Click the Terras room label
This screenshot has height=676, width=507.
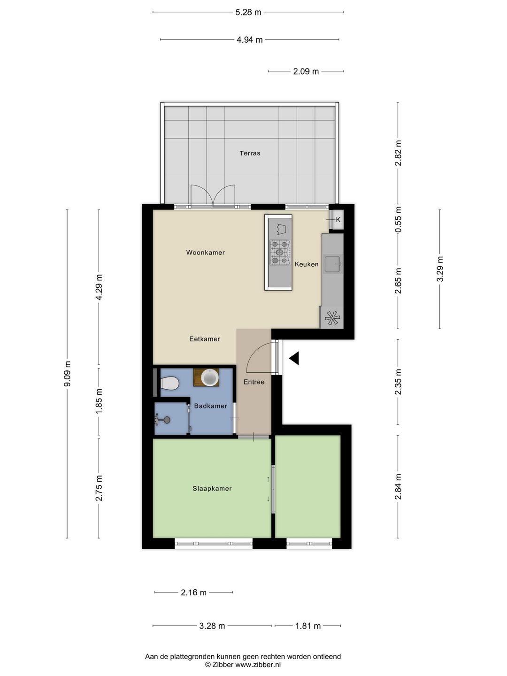250,153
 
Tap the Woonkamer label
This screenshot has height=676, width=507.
205,253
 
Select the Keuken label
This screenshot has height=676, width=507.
307,264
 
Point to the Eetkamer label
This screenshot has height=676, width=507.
204,339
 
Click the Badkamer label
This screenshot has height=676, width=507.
211,406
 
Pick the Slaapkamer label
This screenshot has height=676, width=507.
212,488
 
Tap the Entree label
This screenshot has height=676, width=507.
254,382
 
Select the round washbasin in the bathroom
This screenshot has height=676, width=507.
209,377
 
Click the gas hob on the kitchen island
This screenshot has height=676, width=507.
280,253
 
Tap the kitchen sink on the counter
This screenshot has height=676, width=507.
332,264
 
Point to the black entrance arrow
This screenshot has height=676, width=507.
294,359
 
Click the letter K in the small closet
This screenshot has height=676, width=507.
338,220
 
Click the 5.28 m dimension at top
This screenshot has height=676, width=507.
248,12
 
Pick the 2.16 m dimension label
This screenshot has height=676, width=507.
193,592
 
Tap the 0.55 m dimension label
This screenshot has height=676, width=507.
399,220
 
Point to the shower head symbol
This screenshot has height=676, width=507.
162,420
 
